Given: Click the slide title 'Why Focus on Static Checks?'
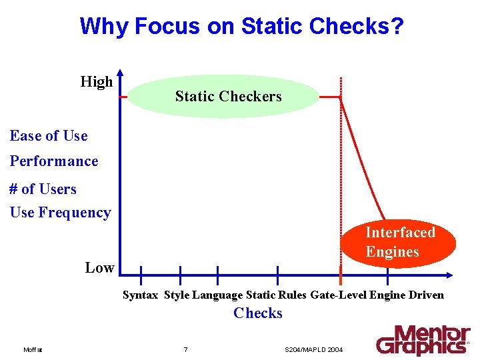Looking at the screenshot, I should [241, 26].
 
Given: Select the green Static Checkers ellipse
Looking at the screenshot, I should [223, 96].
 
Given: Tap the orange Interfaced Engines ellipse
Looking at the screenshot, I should [399, 242].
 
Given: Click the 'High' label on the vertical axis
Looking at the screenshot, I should [96, 82].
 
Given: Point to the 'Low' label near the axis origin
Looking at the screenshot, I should [99, 268].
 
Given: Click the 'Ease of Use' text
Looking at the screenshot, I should [49, 136].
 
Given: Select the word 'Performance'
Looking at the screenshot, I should [54, 161].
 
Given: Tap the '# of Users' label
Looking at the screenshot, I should [43, 189].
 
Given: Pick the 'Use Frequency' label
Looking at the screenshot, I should [60, 213].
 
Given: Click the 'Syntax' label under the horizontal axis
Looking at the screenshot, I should [140, 295].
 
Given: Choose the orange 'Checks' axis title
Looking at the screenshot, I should [258, 313].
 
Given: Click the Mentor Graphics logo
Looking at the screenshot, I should [423, 339].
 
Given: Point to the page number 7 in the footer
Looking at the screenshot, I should [185, 350].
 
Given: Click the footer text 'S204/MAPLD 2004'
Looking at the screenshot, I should [313, 350].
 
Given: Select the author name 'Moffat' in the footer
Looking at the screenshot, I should [32, 350].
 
